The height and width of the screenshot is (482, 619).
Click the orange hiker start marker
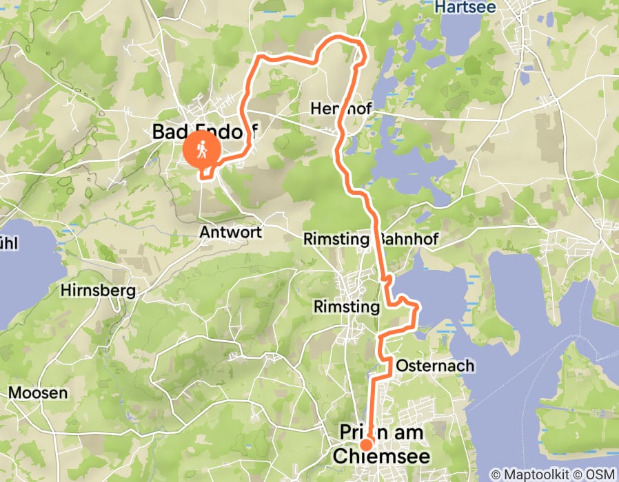(203, 149)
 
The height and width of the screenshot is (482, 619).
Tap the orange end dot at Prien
(366, 444)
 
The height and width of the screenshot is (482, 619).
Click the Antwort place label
(230, 233)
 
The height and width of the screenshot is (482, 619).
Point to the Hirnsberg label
(98, 291)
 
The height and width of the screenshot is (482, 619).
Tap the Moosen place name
(38, 393)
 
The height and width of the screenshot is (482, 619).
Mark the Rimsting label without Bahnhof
(347, 306)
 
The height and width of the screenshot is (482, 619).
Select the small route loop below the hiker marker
(207, 171)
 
